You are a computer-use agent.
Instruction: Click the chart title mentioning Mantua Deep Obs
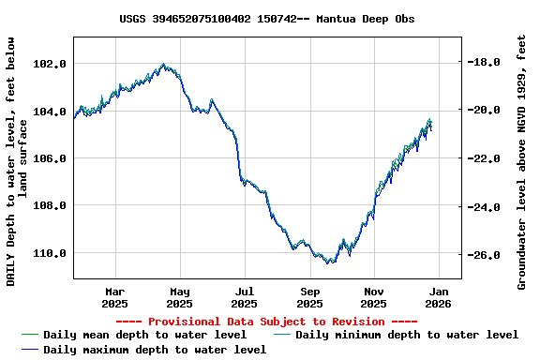(267, 19)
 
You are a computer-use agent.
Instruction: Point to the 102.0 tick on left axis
(49, 64)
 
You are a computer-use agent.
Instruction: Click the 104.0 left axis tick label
(49, 112)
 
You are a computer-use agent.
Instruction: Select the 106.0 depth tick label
(49, 158)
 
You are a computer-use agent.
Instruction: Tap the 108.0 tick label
(49, 205)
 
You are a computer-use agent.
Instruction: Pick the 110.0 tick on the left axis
(49, 253)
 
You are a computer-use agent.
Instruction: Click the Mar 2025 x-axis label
(114, 297)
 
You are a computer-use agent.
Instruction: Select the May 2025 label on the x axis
(179, 297)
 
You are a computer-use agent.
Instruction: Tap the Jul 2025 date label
(244, 297)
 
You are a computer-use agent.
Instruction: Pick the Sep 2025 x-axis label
(309, 297)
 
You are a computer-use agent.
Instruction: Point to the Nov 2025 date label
(373, 297)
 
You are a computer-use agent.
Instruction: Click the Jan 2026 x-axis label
(439, 297)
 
